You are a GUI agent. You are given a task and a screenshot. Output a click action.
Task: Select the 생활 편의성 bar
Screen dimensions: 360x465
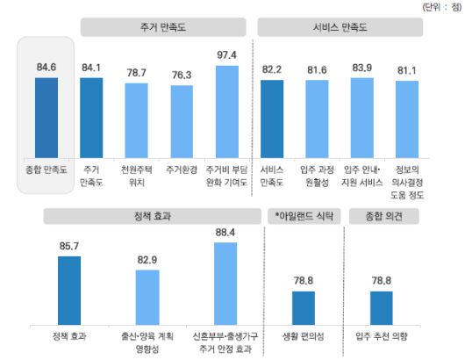coord(303,306)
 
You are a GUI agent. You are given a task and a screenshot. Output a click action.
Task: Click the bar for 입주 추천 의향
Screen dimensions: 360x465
coord(382,306)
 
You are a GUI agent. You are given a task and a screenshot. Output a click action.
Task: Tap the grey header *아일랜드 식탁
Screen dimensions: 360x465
coord(304,215)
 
